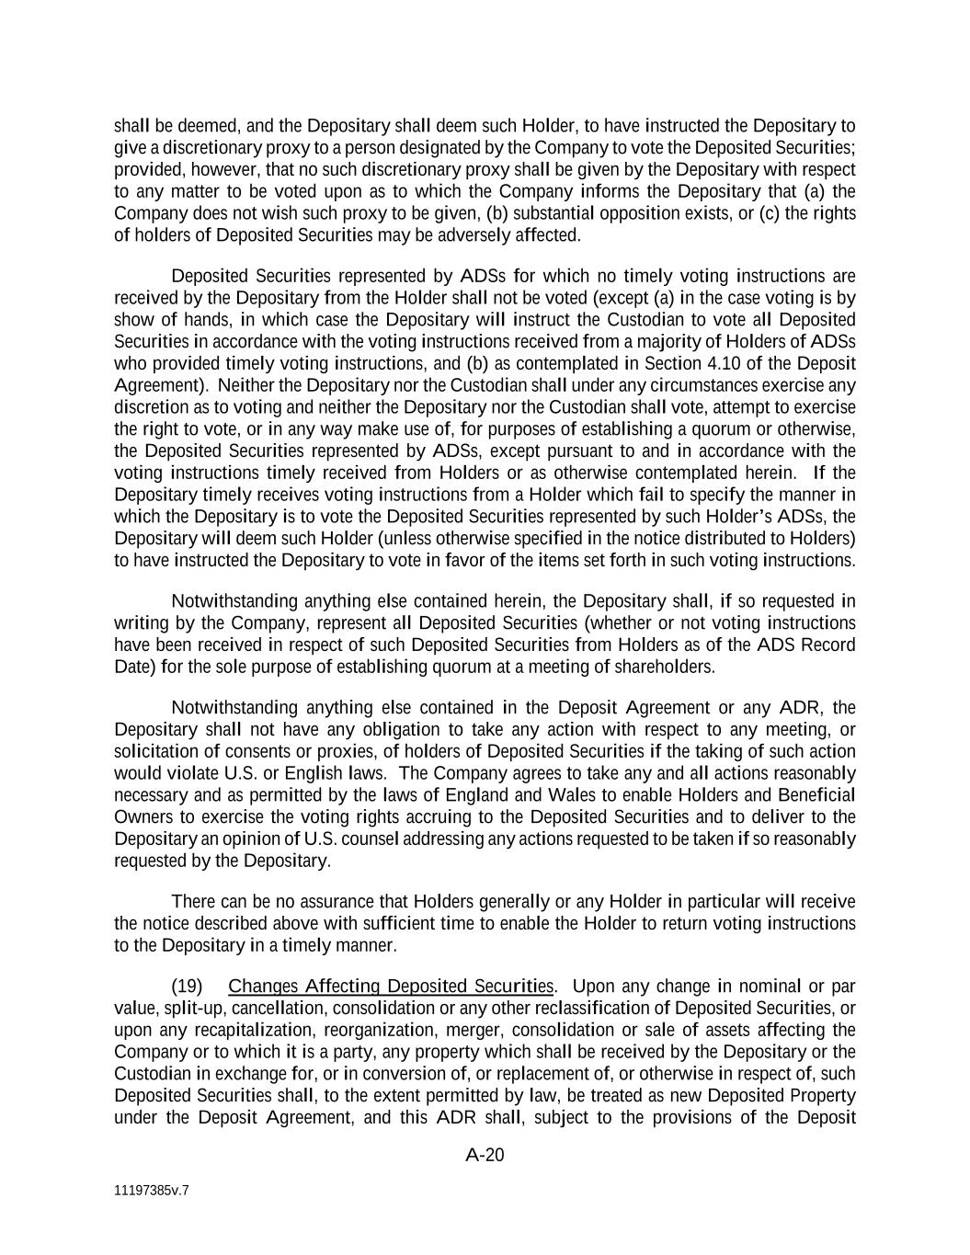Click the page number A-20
click(485, 1155)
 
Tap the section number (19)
click(188, 987)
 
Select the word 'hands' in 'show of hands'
click(207, 319)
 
